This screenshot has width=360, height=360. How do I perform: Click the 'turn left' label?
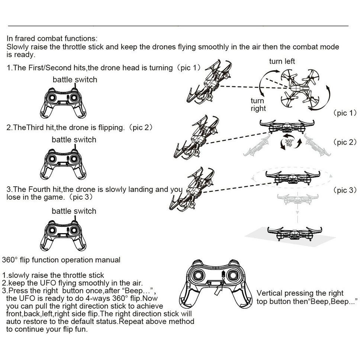[282, 61]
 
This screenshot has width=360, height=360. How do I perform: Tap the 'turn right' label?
[258, 105]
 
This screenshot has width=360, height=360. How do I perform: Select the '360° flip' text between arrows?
[289, 143]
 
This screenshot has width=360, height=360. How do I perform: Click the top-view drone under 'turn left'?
[300, 88]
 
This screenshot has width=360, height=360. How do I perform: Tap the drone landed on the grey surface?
[295, 234]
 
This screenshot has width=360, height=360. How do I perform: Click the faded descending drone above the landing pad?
[298, 199]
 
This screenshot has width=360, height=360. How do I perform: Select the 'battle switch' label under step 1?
[75, 80]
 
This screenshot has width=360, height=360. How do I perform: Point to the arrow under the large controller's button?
[218, 290]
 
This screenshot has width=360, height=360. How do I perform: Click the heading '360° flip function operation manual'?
[61, 260]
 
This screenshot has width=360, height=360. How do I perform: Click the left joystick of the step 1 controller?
[52, 98]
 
